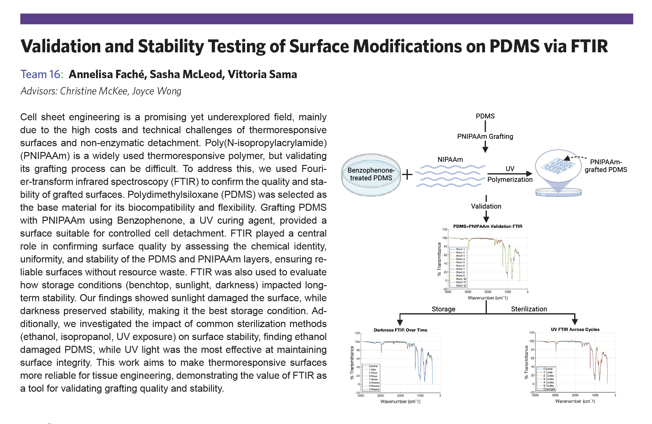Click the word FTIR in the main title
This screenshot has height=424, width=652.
click(589, 46)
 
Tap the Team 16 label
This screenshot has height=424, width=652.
click(42, 74)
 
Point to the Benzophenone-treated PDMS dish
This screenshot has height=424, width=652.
click(371, 174)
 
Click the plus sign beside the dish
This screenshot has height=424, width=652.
click(407, 174)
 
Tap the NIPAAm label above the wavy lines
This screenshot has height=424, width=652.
click(450, 159)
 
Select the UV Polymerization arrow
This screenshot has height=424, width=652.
click(510, 174)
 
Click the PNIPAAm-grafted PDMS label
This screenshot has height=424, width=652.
click(606, 166)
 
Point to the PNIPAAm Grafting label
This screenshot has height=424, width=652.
click(485, 136)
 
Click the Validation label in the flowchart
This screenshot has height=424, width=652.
click(486, 206)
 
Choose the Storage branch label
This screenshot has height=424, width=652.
click(443, 309)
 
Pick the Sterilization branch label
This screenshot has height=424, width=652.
click(529, 309)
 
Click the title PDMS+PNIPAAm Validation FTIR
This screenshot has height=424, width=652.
click(487, 226)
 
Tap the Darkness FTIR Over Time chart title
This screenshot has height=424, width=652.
click(400, 330)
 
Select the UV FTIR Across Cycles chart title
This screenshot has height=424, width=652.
click(575, 329)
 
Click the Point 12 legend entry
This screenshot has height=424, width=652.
click(461, 286)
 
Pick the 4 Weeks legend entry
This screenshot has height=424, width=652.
click(374, 389)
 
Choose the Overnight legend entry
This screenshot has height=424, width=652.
click(549, 389)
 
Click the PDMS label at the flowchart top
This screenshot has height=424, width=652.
click(485, 116)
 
